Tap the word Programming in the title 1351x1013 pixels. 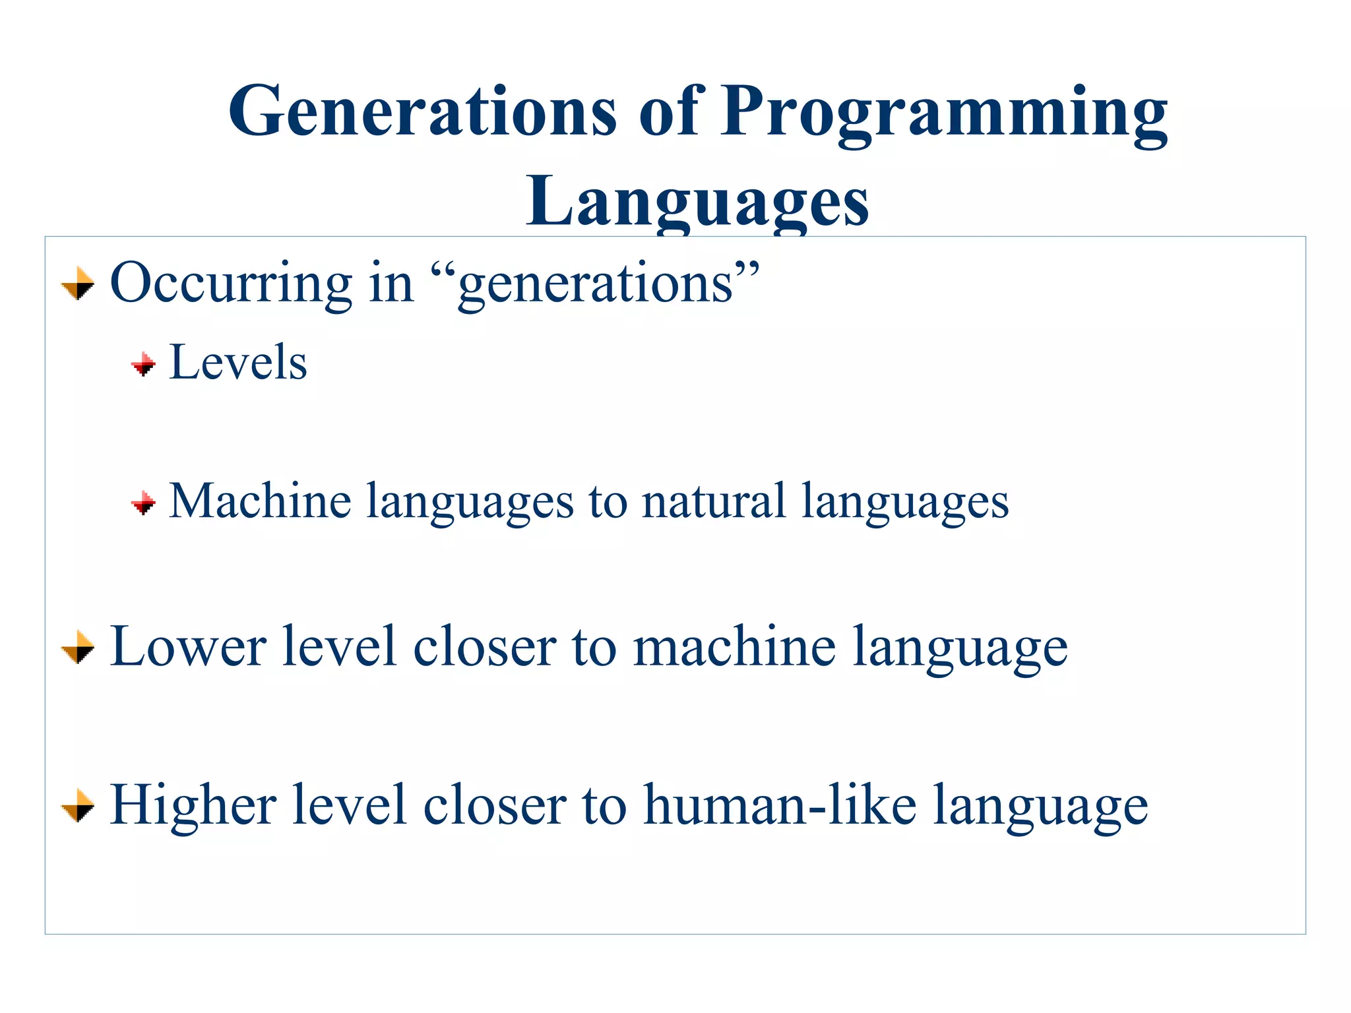[x=943, y=113]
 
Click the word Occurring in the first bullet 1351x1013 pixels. [x=230, y=284]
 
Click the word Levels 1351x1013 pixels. [x=238, y=362]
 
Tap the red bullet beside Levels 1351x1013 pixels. [x=143, y=364]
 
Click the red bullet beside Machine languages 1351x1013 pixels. [x=143, y=504]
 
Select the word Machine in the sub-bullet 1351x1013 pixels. [x=260, y=501]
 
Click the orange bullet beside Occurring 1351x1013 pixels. [x=78, y=284]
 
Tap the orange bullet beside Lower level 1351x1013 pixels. [x=78, y=648]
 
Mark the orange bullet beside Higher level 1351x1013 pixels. [x=78, y=806]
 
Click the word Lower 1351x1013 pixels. [x=188, y=647]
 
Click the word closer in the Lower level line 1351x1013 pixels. [x=485, y=647]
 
